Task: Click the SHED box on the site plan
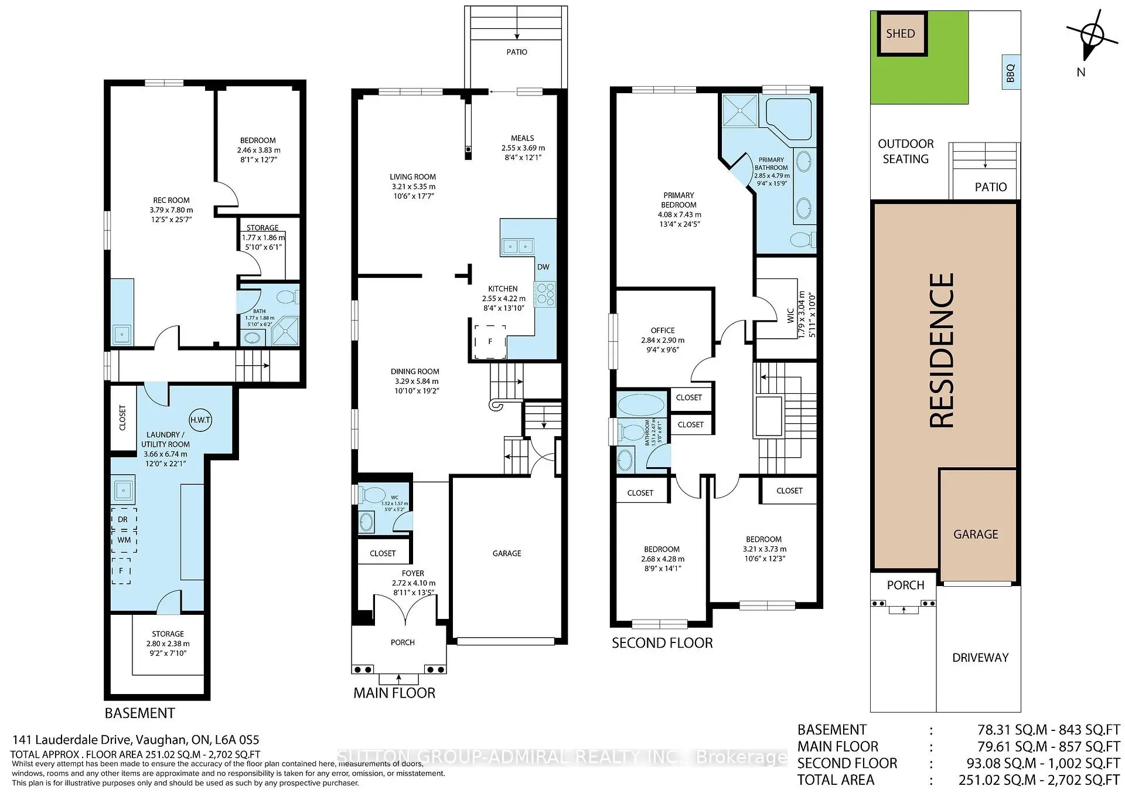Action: [901, 34]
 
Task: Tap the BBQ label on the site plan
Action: [1010, 73]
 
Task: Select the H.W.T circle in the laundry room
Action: [200, 420]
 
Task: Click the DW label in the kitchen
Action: [543, 267]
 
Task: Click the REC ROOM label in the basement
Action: [171, 200]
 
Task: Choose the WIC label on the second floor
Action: [790, 315]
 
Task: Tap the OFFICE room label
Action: [663, 331]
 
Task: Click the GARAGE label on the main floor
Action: [507, 553]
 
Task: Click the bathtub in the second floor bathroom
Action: [642, 405]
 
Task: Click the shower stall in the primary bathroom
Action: [740, 110]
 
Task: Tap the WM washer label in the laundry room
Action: [124, 540]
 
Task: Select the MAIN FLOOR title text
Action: [394, 693]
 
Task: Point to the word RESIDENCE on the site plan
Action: [942, 351]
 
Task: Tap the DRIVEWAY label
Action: [980, 658]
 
